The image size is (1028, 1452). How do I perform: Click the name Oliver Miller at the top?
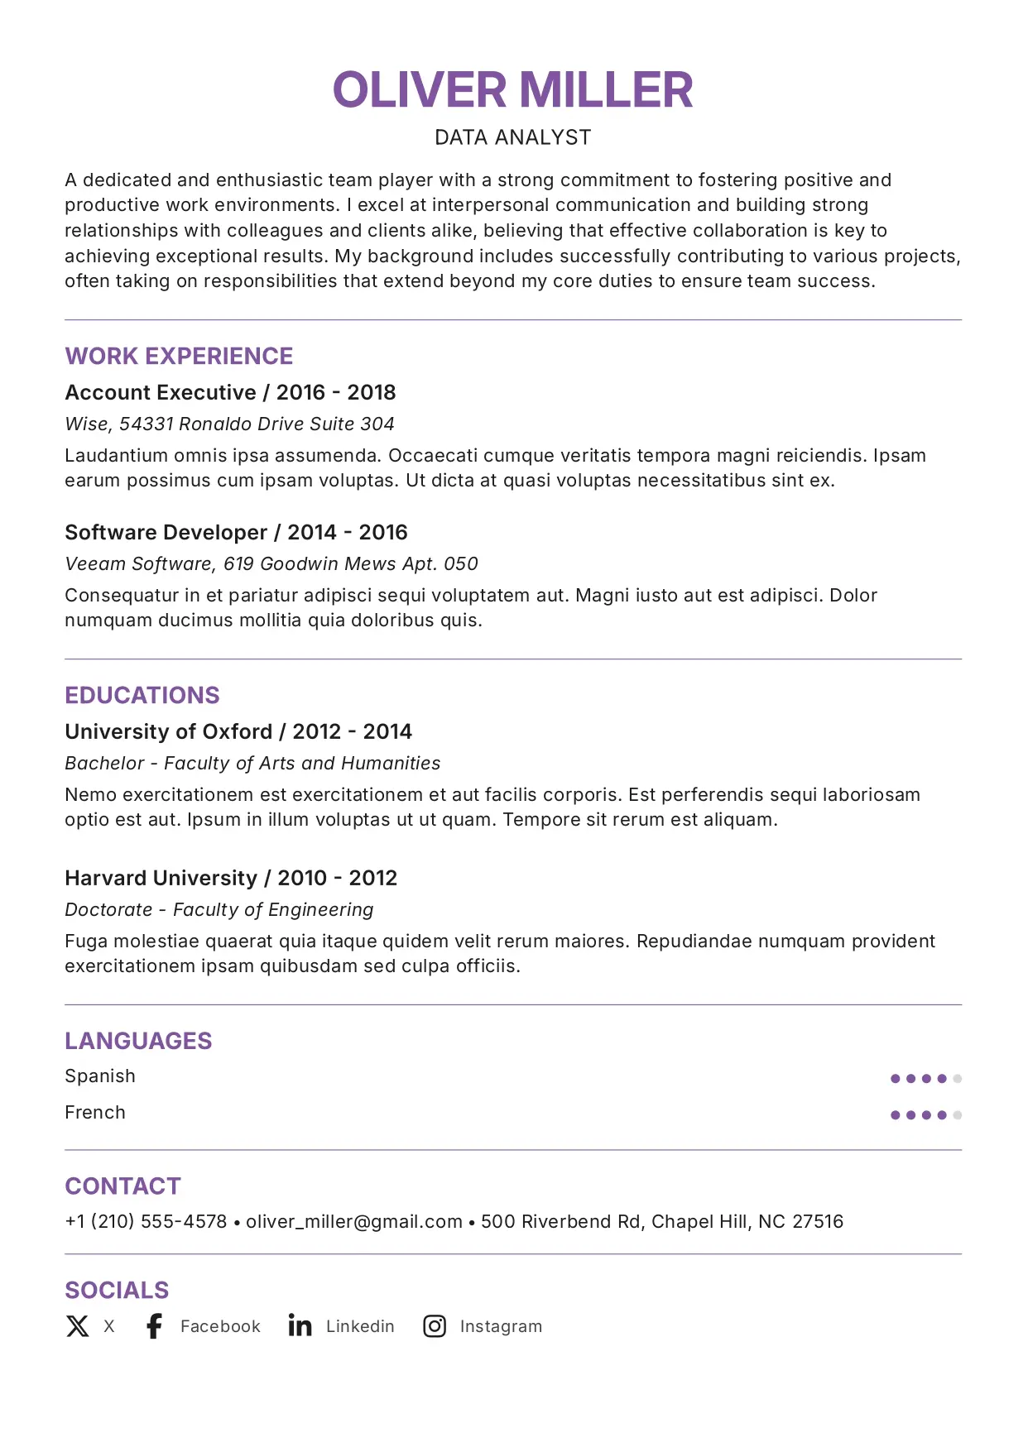click(x=512, y=90)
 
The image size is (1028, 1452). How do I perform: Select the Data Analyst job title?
click(x=512, y=137)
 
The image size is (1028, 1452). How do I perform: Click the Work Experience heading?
click(x=179, y=357)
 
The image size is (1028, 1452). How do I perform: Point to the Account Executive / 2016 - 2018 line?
click(x=230, y=392)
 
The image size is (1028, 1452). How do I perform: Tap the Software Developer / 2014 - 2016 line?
click(x=236, y=532)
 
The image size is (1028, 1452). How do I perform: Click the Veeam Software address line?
click(x=271, y=564)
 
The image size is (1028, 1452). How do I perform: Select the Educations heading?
click(x=142, y=696)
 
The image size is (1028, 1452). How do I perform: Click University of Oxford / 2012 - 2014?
click(x=238, y=731)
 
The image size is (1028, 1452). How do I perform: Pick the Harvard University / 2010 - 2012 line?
click(x=231, y=878)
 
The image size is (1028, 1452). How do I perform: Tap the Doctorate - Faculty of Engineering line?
click(x=219, y=910)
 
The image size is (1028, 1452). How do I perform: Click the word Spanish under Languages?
click(x=100, y=1076)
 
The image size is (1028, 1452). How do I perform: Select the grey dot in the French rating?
click(x=958, y=1115)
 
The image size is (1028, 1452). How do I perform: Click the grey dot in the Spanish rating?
click(x=958, y=1079)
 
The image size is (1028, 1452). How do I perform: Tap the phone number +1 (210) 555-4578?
click(x=146, y=1222)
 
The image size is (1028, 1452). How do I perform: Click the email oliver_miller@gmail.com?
click(x=354, y=1222)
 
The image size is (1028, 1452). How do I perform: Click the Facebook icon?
click(x=154, y=1326)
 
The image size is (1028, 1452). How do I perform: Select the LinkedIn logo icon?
click(x=300, y=1325)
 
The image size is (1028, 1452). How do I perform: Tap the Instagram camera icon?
click(x=435, y=1326)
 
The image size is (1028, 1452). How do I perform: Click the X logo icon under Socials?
click(x=78, y=1326)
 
